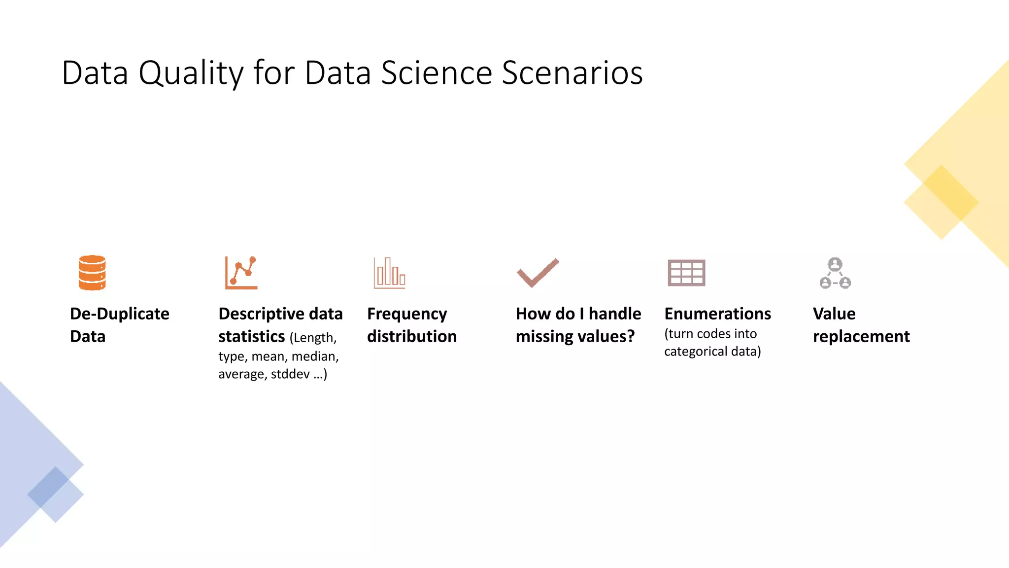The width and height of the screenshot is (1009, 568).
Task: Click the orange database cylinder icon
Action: click(92, 272)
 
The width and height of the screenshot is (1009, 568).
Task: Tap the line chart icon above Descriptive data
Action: click(241, 272)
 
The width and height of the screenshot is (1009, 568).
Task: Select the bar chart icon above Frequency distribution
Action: click(389, 273)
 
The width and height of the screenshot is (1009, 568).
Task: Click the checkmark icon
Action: click(538, 272)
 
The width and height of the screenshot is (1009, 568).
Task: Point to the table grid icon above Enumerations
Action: click(686, 273)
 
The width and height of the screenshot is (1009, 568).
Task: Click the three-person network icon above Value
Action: click(835, 273)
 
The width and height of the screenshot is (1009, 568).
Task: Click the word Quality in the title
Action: click(191, 73)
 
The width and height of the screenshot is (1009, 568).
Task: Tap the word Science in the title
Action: click(436, 73)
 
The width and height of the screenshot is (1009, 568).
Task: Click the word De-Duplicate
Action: click(120, 314)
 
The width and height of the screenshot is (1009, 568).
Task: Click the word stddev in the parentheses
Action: click(290, 374)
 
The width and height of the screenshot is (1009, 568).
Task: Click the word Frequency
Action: click(407, 314)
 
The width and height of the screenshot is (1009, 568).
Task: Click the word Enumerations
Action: click(717, 314)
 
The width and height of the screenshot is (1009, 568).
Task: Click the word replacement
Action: click(861, 336)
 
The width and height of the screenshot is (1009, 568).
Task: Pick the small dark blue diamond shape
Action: click(48, 487)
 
